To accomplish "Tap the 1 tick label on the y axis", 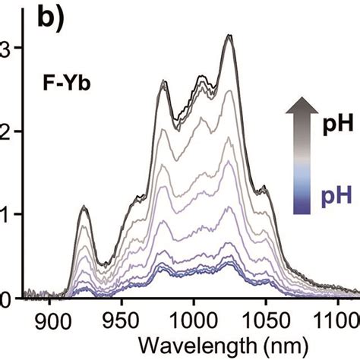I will tap(5, 214).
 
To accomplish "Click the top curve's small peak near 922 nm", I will tap(83, 206).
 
